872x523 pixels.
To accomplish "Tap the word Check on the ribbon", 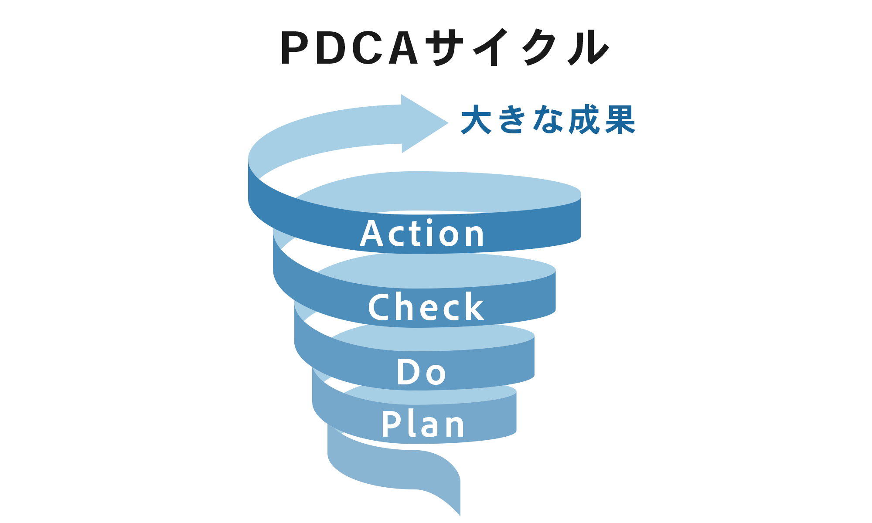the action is [x=426, y=307].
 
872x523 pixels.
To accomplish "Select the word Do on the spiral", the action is [x=421, y=372].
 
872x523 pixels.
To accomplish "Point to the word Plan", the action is [x=423, y=424].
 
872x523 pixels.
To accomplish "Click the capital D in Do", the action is [x=408, y=372].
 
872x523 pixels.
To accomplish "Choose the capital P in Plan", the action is [x=391, y=424].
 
